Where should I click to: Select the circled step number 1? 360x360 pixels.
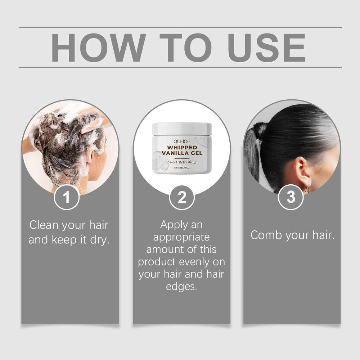[66, 197]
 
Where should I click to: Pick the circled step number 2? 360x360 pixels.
[182, 197]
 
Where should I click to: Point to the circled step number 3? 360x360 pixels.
[291, 197]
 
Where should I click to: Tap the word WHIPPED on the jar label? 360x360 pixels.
[182, 147]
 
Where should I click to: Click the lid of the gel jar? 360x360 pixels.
[182, 128]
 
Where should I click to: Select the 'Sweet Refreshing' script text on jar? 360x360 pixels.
[182, 162]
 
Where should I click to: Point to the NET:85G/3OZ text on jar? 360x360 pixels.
[182, 168]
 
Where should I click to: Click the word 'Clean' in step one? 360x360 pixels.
[44, 226]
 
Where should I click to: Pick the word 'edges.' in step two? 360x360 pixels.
[182, 287]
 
